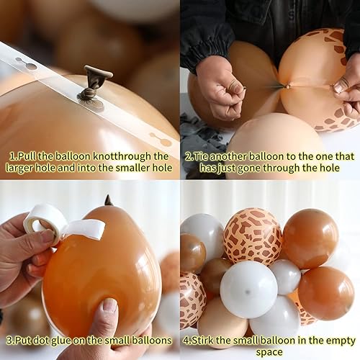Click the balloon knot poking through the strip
pyautogui.click(x=96, y=79)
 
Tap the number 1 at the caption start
pyautogui.click(x=12, y=156)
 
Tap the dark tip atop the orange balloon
pyautogui.click(x=109, y=200)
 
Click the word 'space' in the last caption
pyautogui.click(x=270, y=351)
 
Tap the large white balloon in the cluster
pyautogui.click(x=248, y=288)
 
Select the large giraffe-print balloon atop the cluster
pyautogui.click(x=252, y=235)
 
